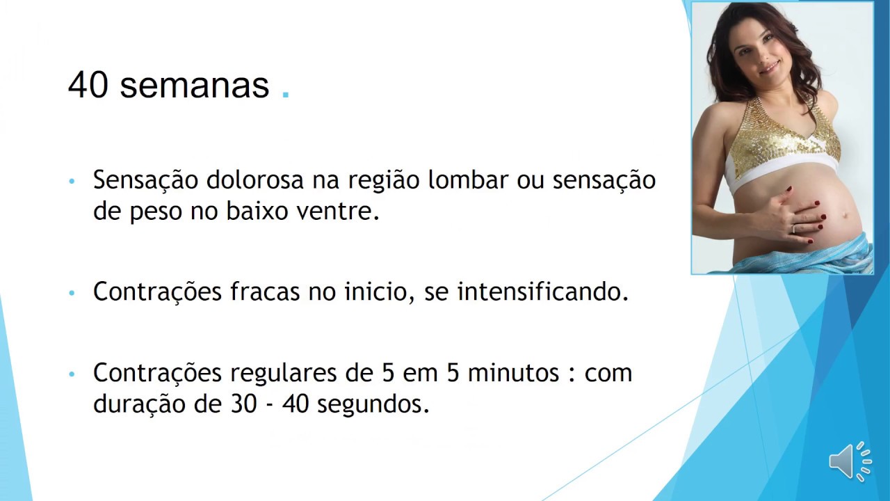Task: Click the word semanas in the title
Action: point(194,86)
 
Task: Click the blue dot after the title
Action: point(286,96)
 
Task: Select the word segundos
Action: point(373,405)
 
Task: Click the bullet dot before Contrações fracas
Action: point(72,294)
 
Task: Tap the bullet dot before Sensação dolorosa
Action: point(72,182)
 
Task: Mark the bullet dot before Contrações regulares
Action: point(72,375)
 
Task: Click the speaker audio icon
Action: point(849,461)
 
